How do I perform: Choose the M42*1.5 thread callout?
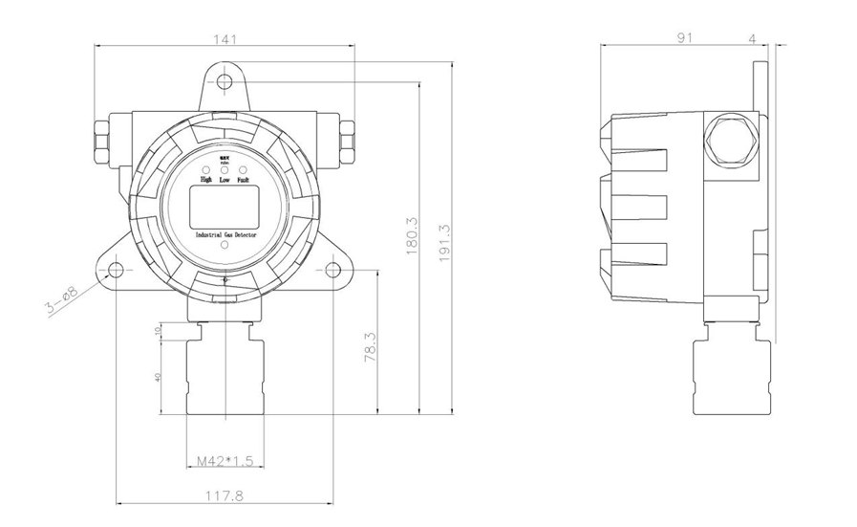[224, 462]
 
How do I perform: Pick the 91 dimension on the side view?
[684, 38]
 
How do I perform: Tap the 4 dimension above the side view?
[753, 38]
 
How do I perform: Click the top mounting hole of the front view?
[225, 80]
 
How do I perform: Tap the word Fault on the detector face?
[244, 179]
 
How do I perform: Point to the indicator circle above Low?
[225, 168]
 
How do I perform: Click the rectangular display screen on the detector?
[224, 206]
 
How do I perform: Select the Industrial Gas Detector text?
[225, 233]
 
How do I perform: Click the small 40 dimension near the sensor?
[157, 377]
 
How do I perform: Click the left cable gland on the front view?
[101, 140]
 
